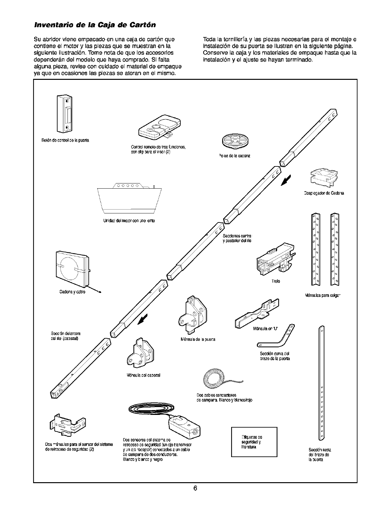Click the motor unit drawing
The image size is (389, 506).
coord(129,198)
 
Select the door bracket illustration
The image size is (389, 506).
coord(193,314)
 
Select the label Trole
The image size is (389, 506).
coord(276,281)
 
